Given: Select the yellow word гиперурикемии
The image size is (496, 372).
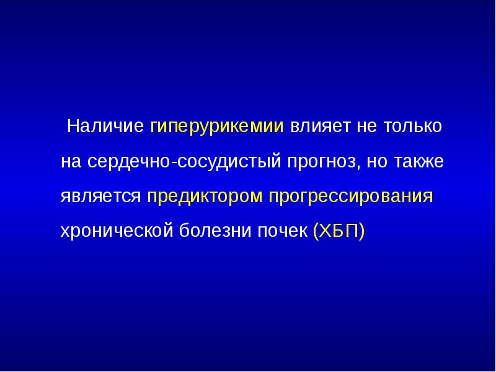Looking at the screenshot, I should tap(216, 127).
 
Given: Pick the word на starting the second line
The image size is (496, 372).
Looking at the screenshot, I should tap(71, 162).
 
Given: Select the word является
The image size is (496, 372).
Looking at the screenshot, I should tap(101, 197).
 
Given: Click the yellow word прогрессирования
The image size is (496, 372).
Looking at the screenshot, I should tap(350, 198).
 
